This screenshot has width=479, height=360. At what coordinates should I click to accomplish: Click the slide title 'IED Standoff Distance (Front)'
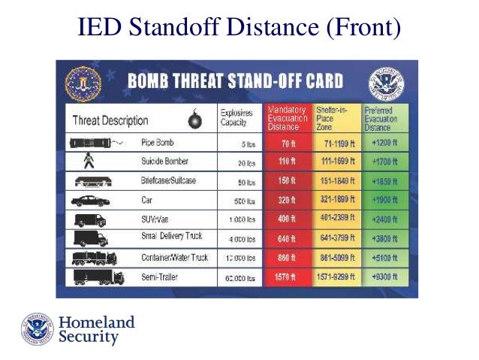point(239,29)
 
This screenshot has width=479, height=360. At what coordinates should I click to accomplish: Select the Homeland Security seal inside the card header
point(385,83)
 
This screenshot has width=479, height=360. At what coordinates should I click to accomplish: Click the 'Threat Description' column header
point(110,120)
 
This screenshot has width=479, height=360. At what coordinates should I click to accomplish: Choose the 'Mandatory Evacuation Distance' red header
point(286,117)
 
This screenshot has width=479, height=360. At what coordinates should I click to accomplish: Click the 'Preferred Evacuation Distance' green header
point(384,117)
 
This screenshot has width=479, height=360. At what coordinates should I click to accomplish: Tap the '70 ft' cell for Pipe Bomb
point(287,142)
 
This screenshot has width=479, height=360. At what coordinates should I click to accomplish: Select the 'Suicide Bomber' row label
point(164,162)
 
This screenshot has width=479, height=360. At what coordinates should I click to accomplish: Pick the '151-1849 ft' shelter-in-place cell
point(334,181)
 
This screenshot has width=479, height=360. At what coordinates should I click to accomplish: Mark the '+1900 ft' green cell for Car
point(384,201)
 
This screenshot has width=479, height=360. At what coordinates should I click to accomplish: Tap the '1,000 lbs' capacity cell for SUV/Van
point(242,220)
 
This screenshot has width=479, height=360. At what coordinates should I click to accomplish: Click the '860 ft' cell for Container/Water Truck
point(287,258)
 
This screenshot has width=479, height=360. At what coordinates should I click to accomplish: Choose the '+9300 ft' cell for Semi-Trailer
point(384,277)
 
